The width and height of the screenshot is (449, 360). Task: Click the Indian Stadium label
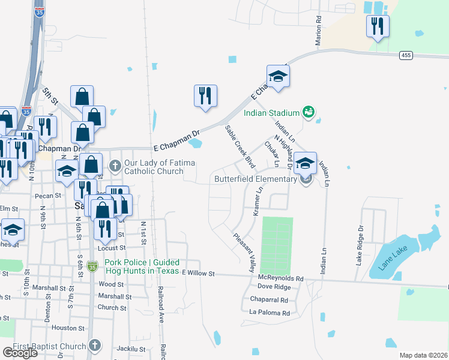[271, 113]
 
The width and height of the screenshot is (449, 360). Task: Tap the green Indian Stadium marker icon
[309, 112]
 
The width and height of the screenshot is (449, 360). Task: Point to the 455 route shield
[406, 55]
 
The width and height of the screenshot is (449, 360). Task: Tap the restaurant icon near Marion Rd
[378, 26]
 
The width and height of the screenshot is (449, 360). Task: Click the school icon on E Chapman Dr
[278, 76]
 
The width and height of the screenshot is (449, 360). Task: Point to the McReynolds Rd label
[281, 278]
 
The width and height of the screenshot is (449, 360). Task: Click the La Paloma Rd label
[270, 313]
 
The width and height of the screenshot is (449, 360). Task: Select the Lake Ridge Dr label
[361, 245]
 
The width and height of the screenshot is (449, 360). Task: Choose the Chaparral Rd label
[270, 300]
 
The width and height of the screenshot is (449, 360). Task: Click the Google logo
[19, 352]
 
